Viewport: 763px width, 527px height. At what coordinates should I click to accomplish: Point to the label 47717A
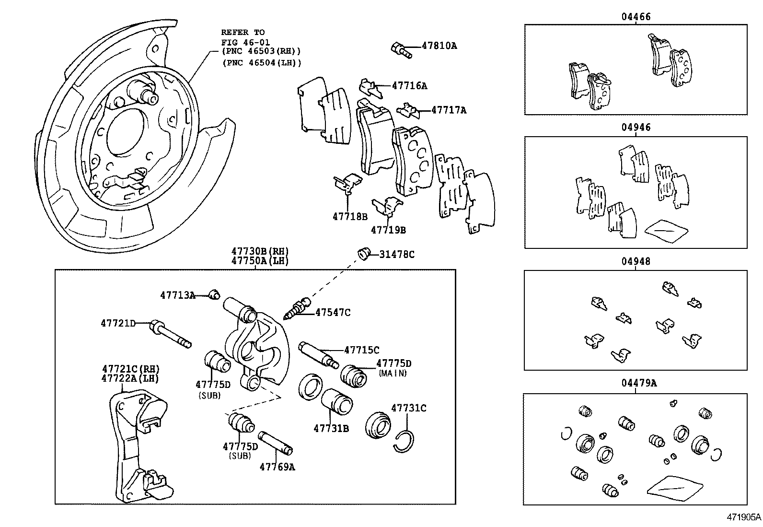pyautogui.click(x=449, y=110)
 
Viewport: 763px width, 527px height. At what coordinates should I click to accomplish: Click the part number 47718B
pyautogui.click(x=350, y=216)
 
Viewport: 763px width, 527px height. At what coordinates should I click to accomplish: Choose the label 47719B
pyautogui.click(x=388, y=230)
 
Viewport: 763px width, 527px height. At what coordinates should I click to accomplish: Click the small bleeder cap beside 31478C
pyautogui.click(x=364, y=253)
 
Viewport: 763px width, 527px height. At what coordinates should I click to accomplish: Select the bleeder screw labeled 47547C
pyautogui.click(x=298, y=308)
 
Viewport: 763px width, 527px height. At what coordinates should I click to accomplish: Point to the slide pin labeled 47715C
pyautogui.click(x=319, y=353)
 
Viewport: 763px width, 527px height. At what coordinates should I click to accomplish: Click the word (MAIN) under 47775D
pyautogui.click(x=393, y=373)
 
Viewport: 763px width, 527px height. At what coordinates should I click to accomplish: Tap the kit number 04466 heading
pyautogui.click(x=636, y=17)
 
